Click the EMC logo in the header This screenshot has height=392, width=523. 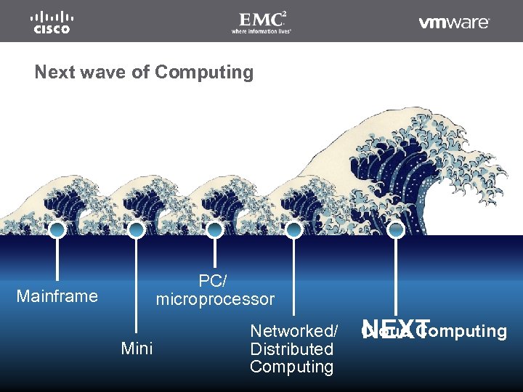coord(261,18)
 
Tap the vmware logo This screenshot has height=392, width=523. coord(454,23)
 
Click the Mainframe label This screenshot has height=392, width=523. coord(57,296)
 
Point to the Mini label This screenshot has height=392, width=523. coord(137,349)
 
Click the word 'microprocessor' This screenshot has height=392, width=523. coord(215,299)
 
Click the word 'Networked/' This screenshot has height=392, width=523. coord(293,331)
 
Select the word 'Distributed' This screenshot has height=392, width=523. coord(291,349)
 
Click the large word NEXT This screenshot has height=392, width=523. coord(397,329)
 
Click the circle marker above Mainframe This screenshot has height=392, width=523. coord(57,230)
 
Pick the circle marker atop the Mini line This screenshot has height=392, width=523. coord(136,230)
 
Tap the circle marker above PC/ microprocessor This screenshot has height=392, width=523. coord(214,230)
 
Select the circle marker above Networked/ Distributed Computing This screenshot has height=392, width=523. coord(293,230)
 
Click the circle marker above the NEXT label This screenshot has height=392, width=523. coord(396,230)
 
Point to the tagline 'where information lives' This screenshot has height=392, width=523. coord(261,31)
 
